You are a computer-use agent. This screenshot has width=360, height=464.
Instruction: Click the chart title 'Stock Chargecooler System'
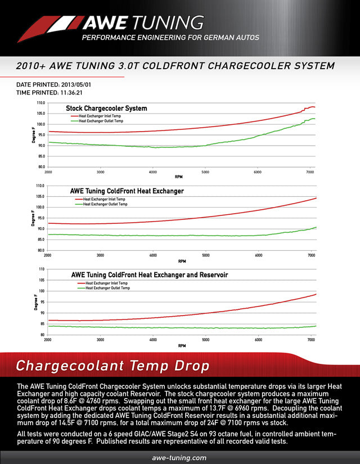click(106, 108)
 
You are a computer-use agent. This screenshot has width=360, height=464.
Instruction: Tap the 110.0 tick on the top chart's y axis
click(41, 103)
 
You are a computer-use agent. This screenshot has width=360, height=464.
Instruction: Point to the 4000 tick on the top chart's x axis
click(153, 172)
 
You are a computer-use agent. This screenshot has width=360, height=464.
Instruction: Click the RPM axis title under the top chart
click(179, 177)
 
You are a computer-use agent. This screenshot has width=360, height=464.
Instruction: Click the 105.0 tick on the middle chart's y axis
click(40, 196)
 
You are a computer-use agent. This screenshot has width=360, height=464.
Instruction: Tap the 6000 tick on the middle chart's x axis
click(258, 255)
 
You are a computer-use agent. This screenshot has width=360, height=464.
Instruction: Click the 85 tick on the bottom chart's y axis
click(42, 323)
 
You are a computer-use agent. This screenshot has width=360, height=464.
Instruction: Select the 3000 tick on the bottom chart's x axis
click(100, 340)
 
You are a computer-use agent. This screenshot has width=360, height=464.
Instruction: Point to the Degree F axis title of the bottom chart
click(35, 302)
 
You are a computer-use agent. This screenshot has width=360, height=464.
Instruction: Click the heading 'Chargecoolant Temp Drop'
click(112, 366)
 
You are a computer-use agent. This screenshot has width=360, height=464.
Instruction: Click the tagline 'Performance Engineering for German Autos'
click(170, 38)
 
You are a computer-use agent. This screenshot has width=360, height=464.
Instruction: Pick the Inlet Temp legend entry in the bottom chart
click(107, 283)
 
